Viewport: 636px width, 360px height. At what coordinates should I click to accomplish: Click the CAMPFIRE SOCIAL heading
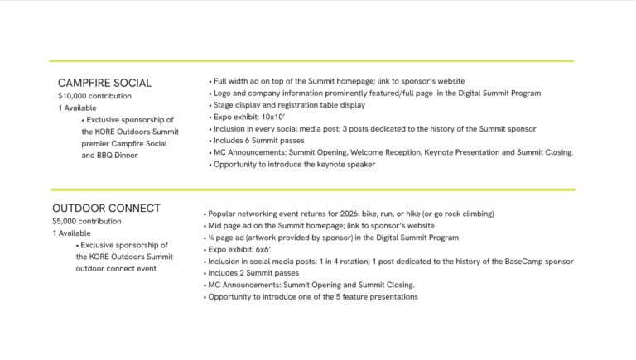click(x=104, y=83)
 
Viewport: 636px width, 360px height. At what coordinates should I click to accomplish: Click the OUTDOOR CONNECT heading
click(x=106, y=208)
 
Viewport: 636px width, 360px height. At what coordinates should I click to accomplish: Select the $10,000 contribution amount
click(x=94, y=96)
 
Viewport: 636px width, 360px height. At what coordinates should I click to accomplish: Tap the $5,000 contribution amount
click(x=86, y=221)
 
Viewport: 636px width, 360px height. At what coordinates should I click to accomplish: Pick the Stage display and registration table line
click(x=289, y=105)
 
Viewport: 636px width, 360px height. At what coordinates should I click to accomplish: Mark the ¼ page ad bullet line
click(x=330, y=238)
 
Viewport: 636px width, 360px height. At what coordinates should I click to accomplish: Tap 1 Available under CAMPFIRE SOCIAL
click(x=77, y=108)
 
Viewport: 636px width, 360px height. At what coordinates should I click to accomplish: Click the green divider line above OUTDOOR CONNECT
click(x=312, y=190)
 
